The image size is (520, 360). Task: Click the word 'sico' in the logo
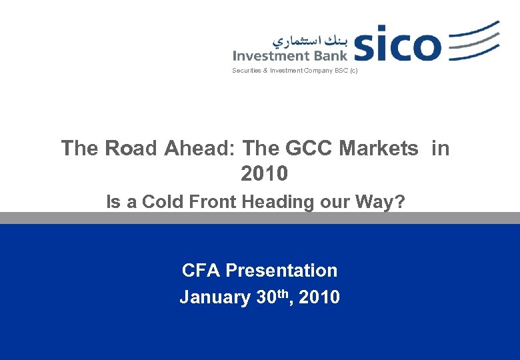pyautogui.click(x=397, y=44)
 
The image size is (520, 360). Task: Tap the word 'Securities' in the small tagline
pyautogui.click(x=246, y=71)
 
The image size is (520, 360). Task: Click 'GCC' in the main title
pyautogui.click(x=310, y=148)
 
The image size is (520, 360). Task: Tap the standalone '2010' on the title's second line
pyautogui.click(x=264, y=174)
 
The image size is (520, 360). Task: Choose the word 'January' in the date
pyautogui.click(x=215, y=297)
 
